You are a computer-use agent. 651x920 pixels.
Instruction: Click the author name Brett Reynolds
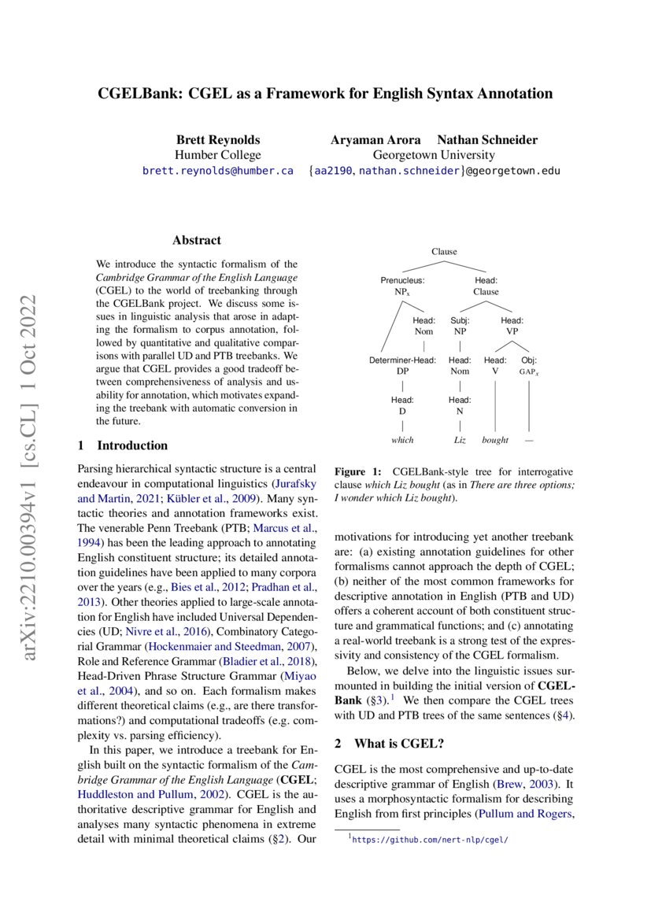coord(217,140)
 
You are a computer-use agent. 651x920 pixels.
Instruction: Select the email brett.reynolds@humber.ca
coord(217,170)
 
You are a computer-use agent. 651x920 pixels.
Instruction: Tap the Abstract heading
coord(196,240)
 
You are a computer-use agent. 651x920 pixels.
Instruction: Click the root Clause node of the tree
coord(444,252)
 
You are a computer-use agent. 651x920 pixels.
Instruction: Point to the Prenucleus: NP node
coord(402,286)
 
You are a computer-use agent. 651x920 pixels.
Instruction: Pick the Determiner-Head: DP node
coord(402,366)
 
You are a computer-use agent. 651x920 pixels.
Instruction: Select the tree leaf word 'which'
coord(402,440)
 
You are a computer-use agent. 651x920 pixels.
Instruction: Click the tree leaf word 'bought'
coord(495,440)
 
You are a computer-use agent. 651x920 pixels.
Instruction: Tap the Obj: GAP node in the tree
coord(529,366)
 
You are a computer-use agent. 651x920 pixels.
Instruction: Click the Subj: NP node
coord(460,326)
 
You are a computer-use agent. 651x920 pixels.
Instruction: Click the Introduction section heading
coord(132,445)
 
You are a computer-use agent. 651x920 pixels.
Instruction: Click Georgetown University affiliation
coord(434,155)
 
